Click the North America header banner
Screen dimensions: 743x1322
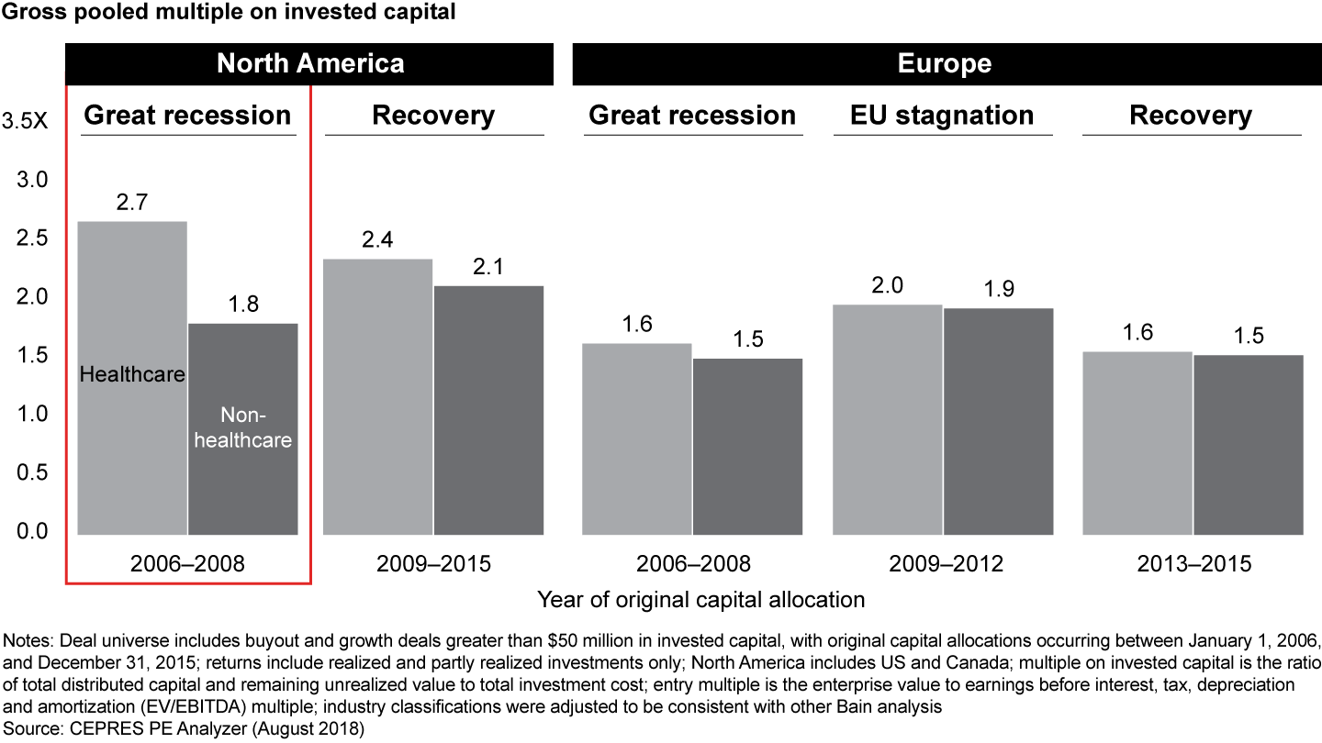tap(309, 63)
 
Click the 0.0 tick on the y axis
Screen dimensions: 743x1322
tap(33, 531)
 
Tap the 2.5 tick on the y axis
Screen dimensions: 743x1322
tap(33, 238)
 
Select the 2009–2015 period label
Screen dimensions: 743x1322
tap(433, 563)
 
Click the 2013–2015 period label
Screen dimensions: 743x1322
tap(1193, 563)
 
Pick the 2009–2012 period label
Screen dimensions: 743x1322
tap(946, 563)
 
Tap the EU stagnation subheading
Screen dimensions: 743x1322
tap(943, 116)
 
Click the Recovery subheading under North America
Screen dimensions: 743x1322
tap(433, 116)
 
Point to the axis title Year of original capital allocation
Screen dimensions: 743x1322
tap(700, 600)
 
